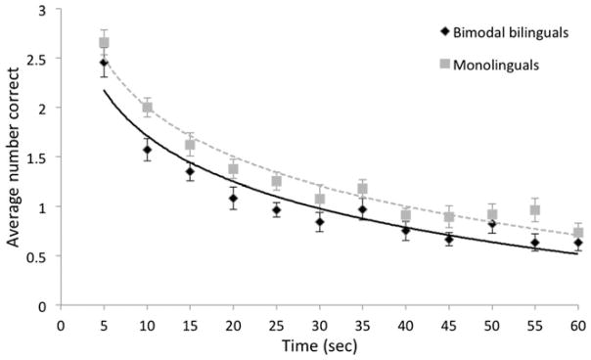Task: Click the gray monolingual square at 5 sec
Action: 104,43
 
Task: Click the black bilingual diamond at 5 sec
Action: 104,63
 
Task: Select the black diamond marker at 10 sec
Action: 147,150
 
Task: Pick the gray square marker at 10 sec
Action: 147,108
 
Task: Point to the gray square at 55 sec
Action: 535,210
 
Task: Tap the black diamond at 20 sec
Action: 233,199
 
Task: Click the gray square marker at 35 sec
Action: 362,189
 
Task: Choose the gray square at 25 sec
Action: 276,182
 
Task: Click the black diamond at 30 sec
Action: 320,222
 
